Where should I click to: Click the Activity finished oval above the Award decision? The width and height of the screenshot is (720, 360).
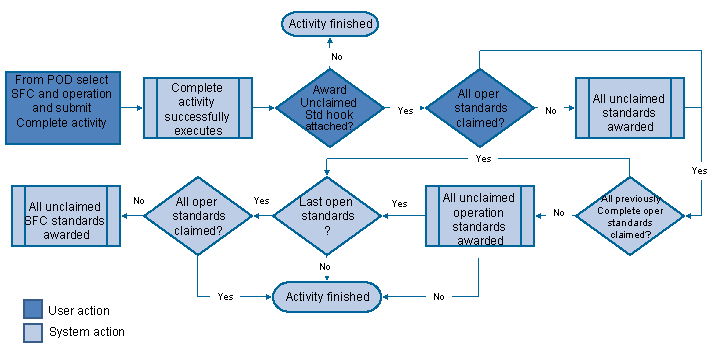tap(330, 23)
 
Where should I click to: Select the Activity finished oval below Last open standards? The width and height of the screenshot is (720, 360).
tap(328, 296)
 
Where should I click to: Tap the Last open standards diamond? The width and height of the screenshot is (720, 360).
tap(327, 214)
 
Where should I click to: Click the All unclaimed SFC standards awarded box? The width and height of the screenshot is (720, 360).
tap(67, 214)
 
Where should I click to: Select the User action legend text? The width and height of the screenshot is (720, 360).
tap(79, 311)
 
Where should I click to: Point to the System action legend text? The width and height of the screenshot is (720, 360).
tap(85, 331)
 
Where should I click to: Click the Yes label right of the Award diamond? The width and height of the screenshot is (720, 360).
tap(405, 110)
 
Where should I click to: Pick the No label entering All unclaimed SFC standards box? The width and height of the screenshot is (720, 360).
tap(138, 200)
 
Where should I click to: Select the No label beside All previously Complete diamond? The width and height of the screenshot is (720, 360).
tap(559, 213)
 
